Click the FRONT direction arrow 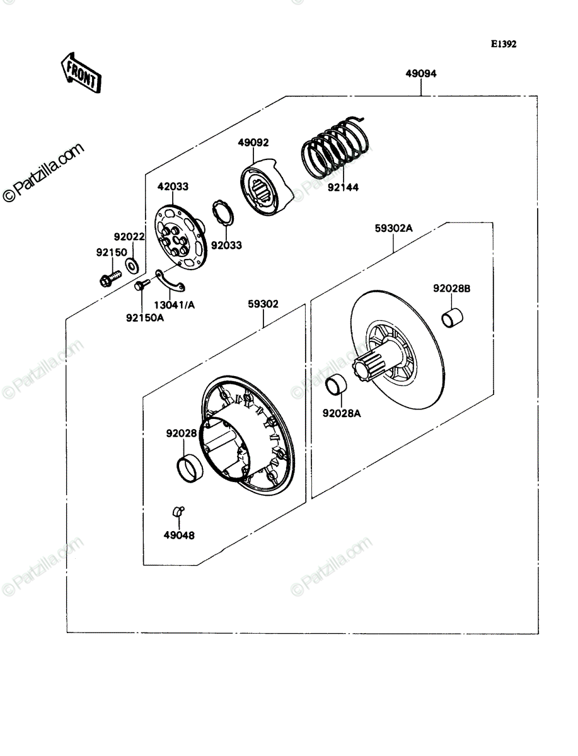pos(81,73)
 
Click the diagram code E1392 pos(504,44)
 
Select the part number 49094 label pos(420,74)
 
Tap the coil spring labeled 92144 pos(335,147)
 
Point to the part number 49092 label pos(253,142)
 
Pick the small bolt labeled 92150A pos(142,285)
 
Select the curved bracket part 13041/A pos(170,282)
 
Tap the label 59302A pos(394,228)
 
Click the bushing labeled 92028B pos(452,318)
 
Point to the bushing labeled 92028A pos(336,385)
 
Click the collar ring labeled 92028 pos(190,469)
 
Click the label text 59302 pos(263,304)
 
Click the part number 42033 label pos(173,186)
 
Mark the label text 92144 pos(343,187)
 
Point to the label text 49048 pos(179,535)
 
